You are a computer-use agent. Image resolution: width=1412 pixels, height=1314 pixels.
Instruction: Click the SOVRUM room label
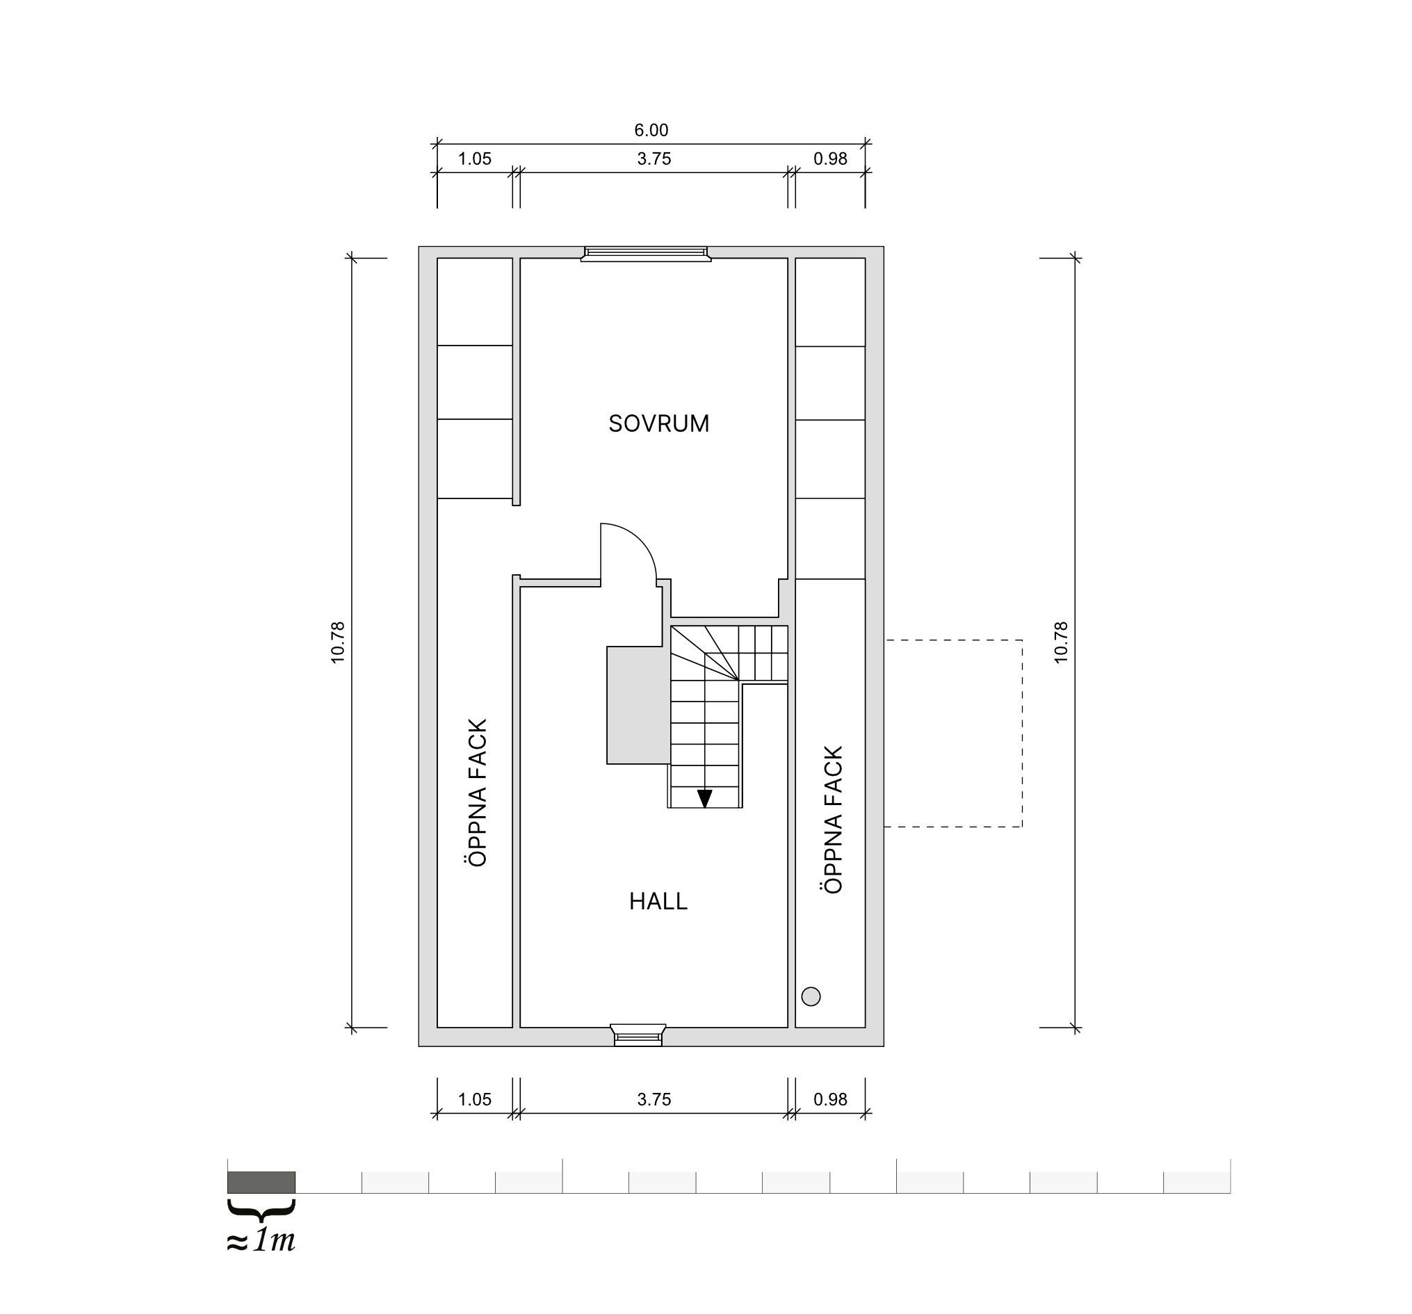pos(658,423)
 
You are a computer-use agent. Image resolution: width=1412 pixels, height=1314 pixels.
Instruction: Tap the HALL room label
pos(658,901)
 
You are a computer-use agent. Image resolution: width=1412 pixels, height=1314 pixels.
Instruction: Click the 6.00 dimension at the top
pos(651,130)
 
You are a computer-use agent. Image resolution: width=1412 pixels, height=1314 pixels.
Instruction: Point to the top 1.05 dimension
pos(474,159)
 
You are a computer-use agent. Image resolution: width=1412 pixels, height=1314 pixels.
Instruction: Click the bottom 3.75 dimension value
pos(654,1099)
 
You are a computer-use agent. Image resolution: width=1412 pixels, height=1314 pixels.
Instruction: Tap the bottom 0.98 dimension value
pos(830,1099)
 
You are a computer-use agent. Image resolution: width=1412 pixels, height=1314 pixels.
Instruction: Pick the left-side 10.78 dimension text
pos(337,643)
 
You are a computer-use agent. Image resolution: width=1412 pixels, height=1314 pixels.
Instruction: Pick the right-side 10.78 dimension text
pos(1060,643)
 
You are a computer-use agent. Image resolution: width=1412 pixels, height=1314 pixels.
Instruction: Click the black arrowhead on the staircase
pos(704,799)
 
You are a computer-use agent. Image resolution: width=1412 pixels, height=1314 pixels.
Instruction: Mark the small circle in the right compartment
pos(811,996)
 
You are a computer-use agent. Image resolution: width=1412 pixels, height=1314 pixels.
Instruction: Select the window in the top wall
pos(646,254)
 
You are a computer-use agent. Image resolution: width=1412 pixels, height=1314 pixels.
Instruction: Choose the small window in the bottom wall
pos(638,1035)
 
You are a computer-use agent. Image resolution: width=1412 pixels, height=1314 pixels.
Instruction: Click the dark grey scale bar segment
pos(261,1182)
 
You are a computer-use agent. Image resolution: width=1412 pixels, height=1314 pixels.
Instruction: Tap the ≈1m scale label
pos(261,1240)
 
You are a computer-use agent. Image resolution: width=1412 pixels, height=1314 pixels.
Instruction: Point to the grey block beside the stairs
pos(638,705)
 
